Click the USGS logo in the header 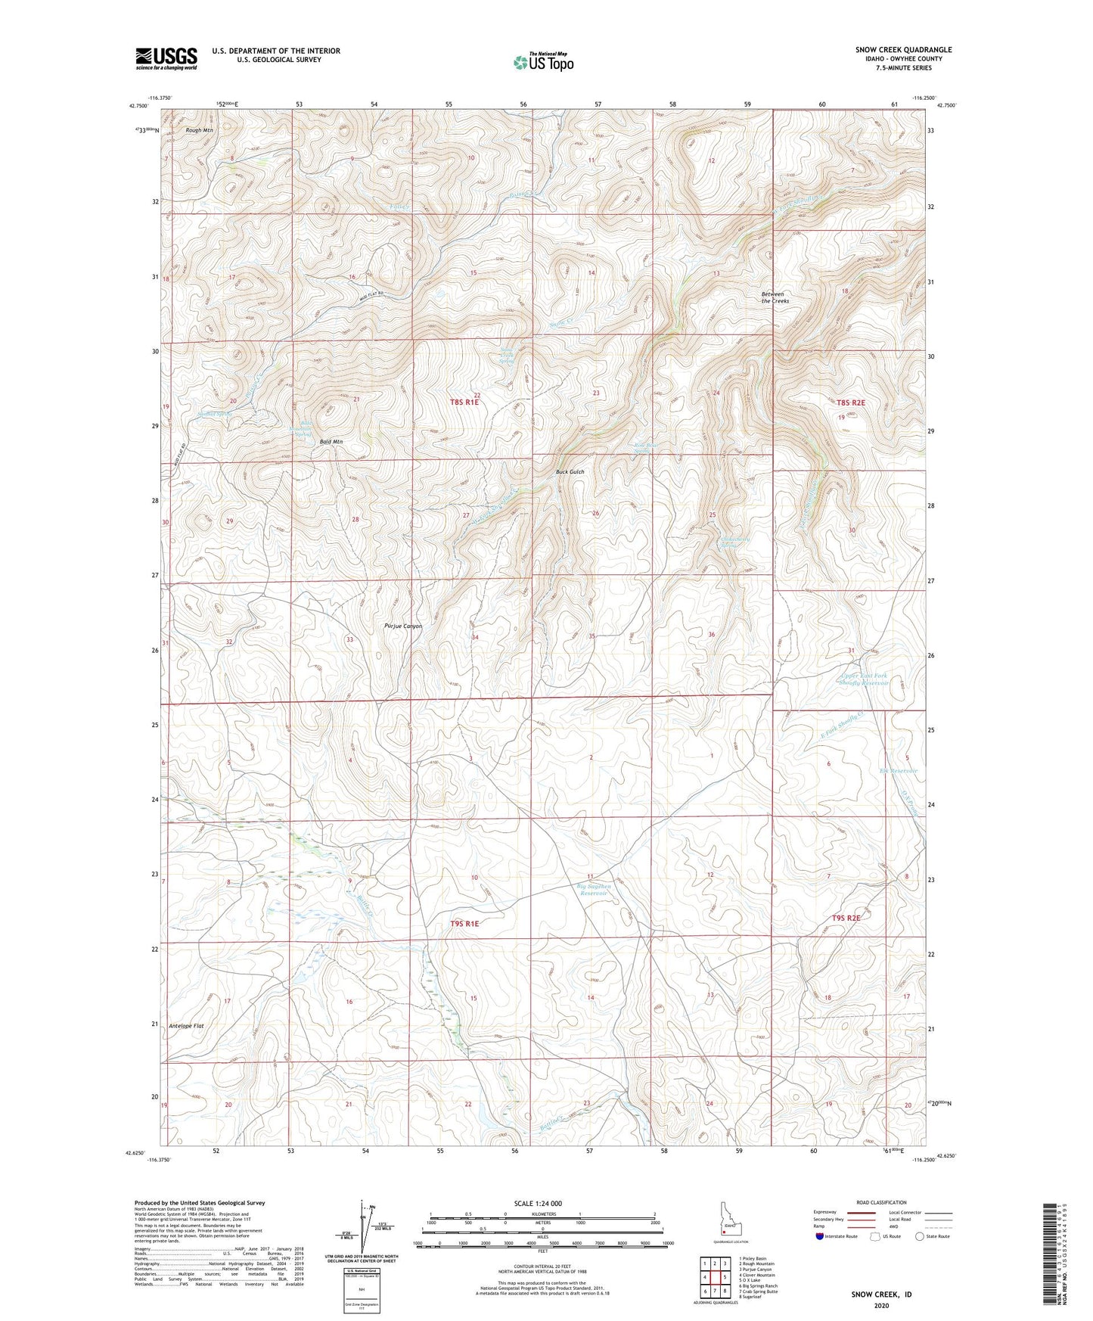(166, 58)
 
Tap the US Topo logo (543, 62)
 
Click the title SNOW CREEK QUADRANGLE (903, 50)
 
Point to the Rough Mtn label (199, 130)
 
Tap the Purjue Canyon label (403, 626)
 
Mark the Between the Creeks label (775, 297)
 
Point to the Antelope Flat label (187, 1026)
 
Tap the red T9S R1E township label (465, 924)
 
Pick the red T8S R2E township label (845, 403)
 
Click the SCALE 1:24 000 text (538, 1204)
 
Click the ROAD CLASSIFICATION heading (881, 1202)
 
